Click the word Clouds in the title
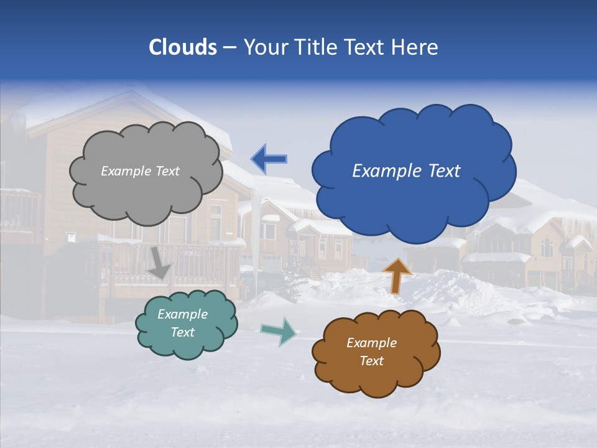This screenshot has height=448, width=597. coord(182,47)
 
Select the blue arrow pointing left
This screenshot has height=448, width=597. coord(269,159)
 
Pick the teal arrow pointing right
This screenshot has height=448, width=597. coord(278,331)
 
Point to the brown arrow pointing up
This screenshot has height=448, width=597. coord(397,275)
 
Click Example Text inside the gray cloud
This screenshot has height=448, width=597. coord(140,171)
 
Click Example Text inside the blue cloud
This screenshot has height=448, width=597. coord(406,171)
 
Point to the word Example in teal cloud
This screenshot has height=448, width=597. coord(182,314)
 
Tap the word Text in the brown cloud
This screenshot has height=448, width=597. coord(371,361)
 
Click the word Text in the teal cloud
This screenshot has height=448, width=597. coord(182,332)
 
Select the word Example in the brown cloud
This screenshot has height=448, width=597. coord(371,343)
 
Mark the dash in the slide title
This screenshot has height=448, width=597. coord(229,48)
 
